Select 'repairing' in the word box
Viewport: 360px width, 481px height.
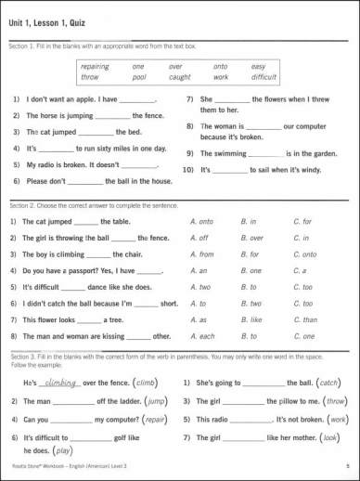click(95, 66)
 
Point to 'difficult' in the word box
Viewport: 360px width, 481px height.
click(264, 78)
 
